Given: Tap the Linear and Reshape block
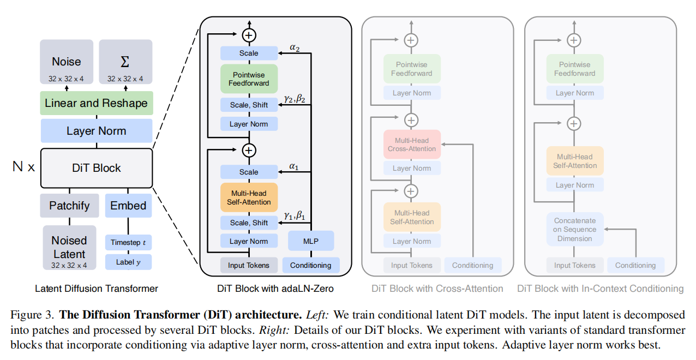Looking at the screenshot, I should [x=96, y=103].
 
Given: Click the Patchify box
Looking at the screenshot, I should [x=69, y=206].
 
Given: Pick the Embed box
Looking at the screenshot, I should [x=128, y=206].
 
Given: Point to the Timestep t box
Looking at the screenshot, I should [x=128, y=242].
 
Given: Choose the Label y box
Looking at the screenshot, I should [x=128, y=262].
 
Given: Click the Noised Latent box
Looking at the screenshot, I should [x=69, y=248].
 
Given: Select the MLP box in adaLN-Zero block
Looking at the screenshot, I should [x=310, y=241].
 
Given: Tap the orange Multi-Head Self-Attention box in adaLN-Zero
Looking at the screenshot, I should [x=249, y=197].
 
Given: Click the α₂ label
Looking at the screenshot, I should [x=295, y=48].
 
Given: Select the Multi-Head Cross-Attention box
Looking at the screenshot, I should [x=411, y=145].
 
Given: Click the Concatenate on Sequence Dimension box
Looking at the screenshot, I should [x=574, y=229].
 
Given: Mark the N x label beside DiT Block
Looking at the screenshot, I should [x=23, y=167].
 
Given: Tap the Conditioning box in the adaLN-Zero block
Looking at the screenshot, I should [x=310, y=266].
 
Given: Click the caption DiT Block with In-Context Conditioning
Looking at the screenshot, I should [x=600, y=288].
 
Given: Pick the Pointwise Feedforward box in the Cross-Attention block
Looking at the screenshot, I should [x=411, y=69].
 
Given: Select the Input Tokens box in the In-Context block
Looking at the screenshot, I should [x=574, y=266].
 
